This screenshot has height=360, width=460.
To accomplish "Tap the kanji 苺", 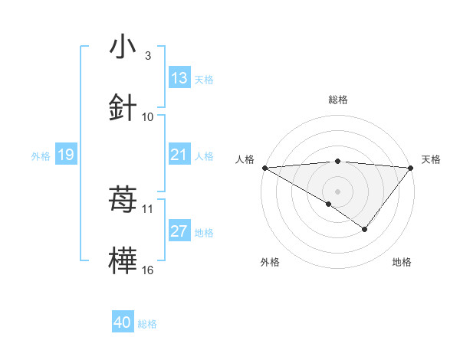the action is (123, 200).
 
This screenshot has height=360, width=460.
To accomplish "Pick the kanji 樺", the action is (123, 261).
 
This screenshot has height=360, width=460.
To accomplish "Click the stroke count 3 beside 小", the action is (147, 55).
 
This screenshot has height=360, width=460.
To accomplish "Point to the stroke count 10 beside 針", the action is (148, 116).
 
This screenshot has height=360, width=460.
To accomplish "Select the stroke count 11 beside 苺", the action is (148, 208).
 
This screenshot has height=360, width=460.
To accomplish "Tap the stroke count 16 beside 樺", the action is (148, 270).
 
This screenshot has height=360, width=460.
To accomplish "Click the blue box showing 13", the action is (179, 78).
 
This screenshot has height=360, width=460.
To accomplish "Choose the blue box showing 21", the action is (179, 155).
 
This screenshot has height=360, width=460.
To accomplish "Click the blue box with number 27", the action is (179, 231).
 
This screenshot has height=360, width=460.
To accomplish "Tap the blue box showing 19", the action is (65, 155).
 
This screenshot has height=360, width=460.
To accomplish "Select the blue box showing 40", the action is (123, 322).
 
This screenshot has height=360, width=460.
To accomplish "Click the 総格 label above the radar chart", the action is (338, 100).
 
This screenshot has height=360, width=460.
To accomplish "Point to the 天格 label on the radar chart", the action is (432, 159).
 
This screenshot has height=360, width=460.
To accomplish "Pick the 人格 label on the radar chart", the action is (245, 159).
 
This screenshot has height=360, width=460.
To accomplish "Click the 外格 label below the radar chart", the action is (270, 262).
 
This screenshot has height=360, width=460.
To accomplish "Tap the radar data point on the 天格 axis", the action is (411, 167).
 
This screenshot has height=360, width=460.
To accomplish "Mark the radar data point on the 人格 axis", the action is (264, 167).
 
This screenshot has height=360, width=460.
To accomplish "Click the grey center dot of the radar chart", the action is (338, 191).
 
